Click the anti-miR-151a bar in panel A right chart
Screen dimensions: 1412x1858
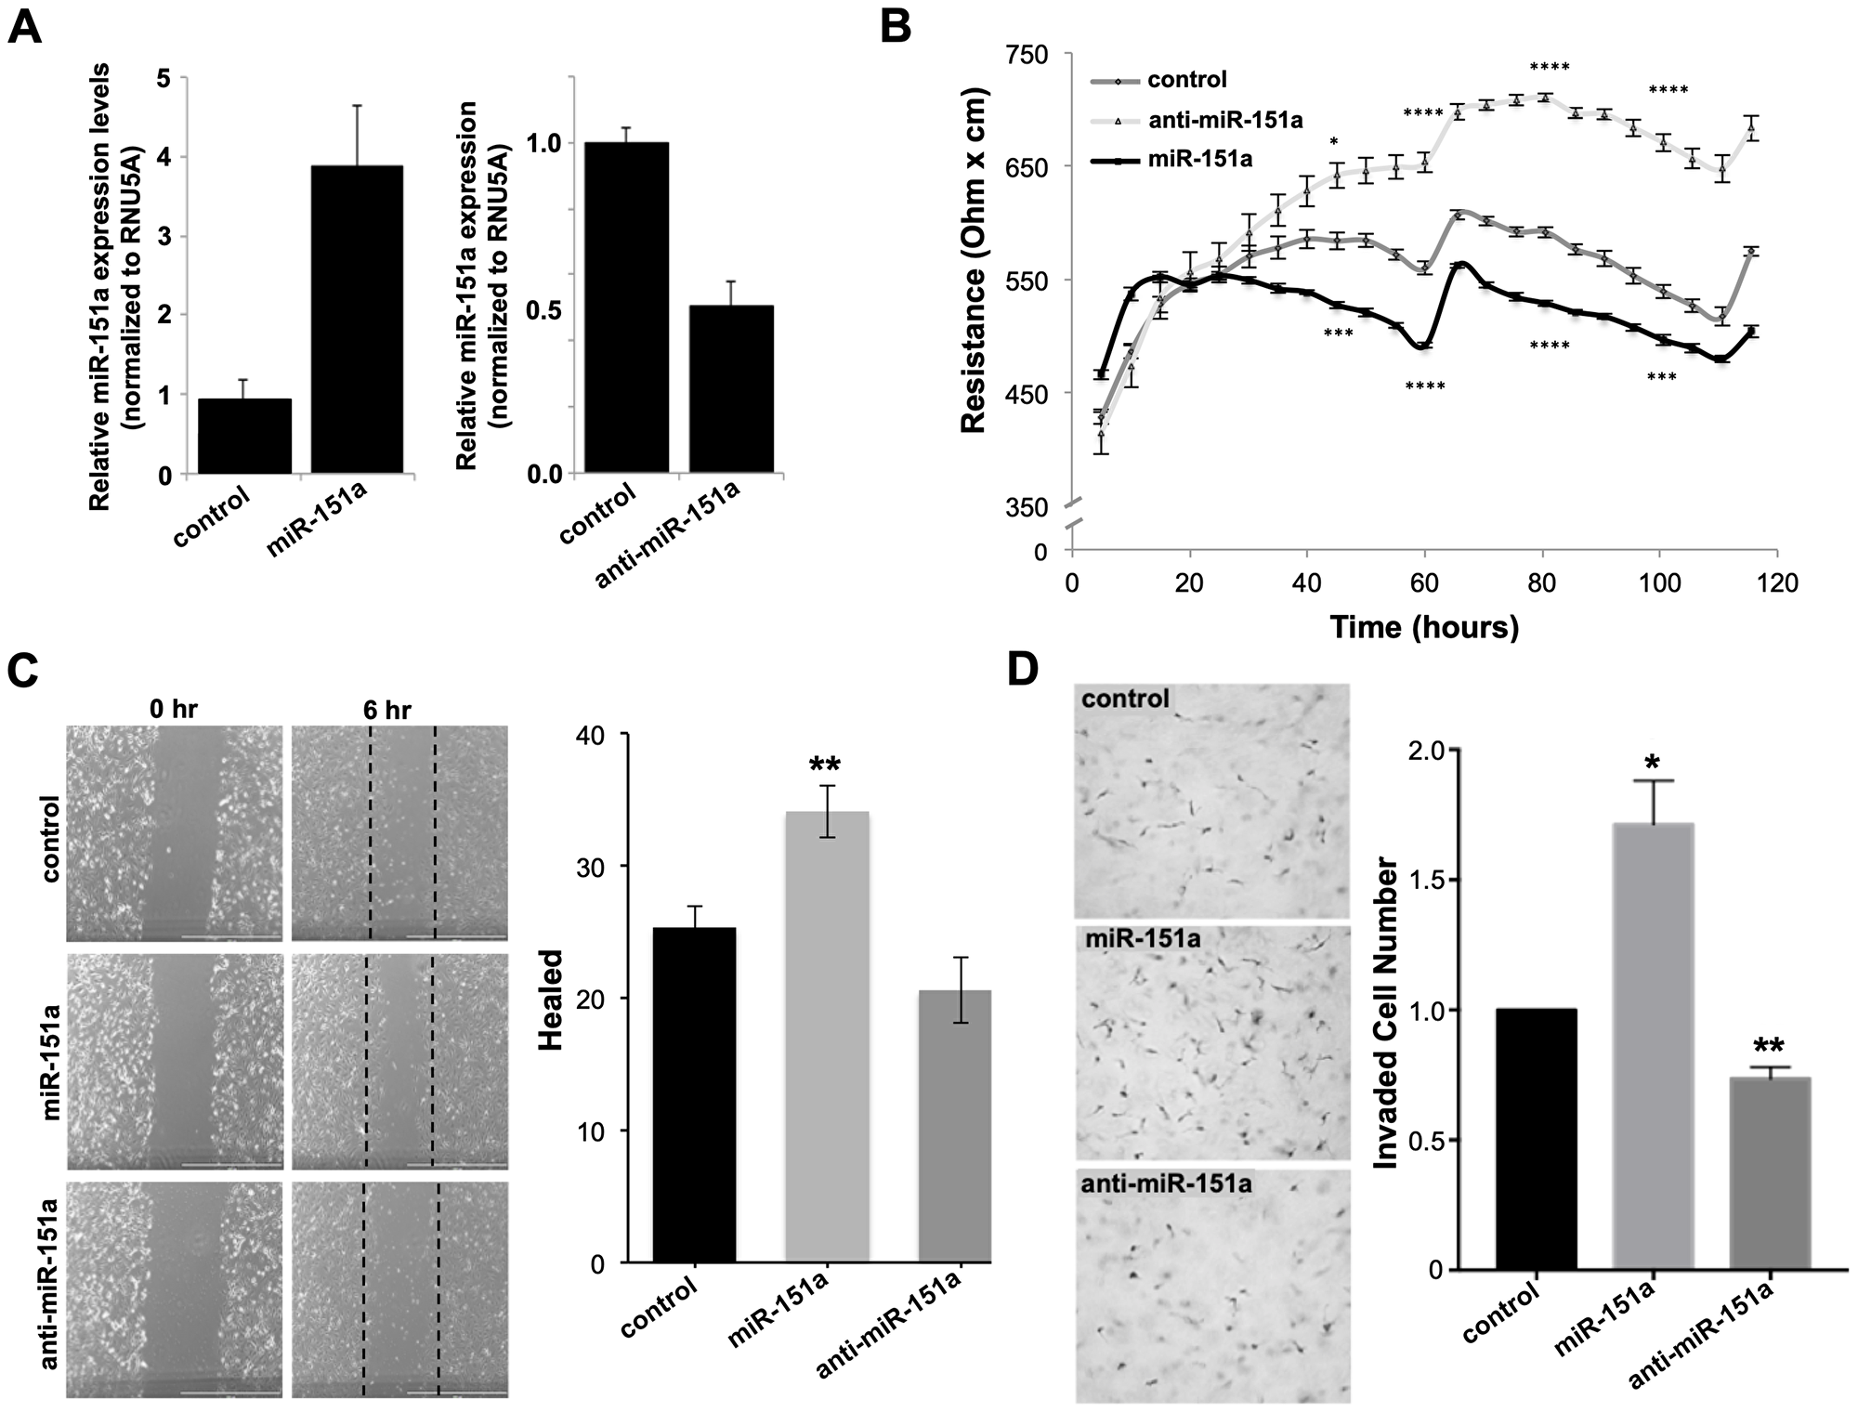(x=730, y=389)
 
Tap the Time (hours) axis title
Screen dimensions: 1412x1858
(x=1423, y=627)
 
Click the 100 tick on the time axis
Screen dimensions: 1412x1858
(x=1659, y=584)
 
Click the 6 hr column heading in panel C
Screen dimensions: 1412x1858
(x=386, y=711)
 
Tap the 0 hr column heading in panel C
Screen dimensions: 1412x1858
(x=174, y=711)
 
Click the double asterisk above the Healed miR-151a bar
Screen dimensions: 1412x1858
(x=825, y=766)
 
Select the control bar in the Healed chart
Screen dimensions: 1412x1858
(x=694, y=1095)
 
